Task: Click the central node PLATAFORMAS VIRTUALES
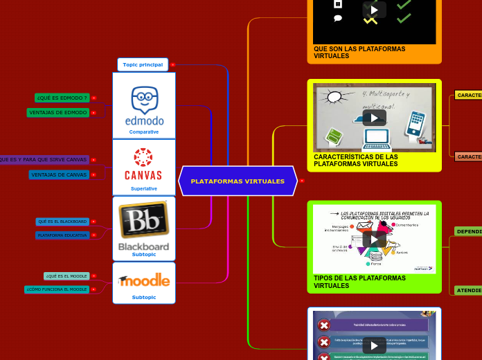(x=238, y=181)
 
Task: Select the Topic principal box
(x=143, y=64)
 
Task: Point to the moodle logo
(x=144, y=280)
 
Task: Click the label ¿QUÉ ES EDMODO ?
(x=62, y=98)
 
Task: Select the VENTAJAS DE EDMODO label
(x=57, y=112)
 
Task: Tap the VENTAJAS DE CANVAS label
(x=59, y=174)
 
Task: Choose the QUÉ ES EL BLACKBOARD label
(x=62, y=222)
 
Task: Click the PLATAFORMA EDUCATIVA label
(x=62, y=235)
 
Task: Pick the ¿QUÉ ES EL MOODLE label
(x=66, y=276)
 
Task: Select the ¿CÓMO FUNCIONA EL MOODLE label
(x=57, y=289)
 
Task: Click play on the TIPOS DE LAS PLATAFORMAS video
(x=374, y=239)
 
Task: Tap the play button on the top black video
(x=374, y=10)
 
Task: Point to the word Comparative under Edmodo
(x=144, y=132)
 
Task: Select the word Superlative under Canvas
(x=144, y=188)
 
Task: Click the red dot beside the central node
(x=302, y=181)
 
